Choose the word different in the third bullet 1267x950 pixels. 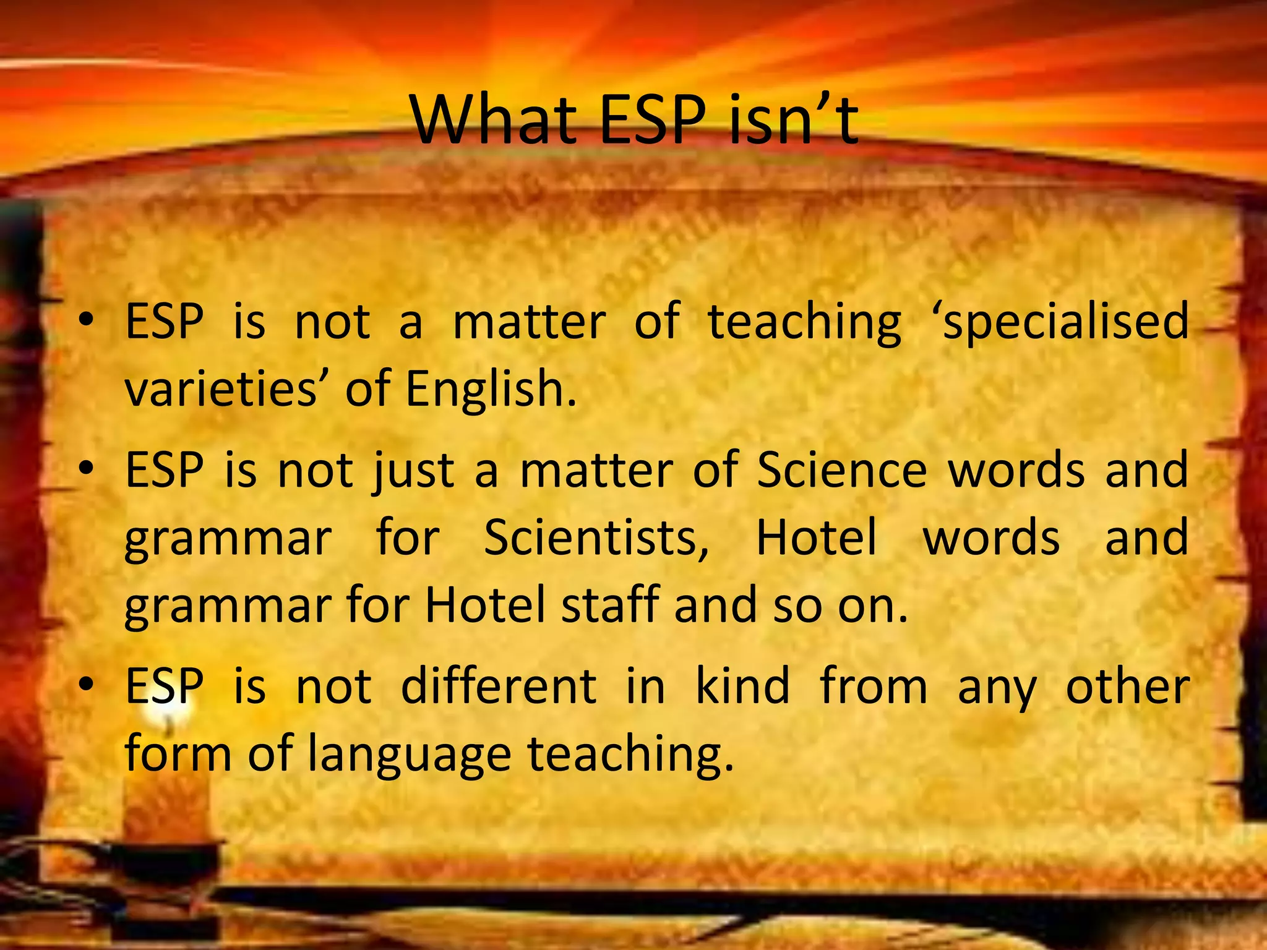click(499, 687)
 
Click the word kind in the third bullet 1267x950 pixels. click(743, 687)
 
